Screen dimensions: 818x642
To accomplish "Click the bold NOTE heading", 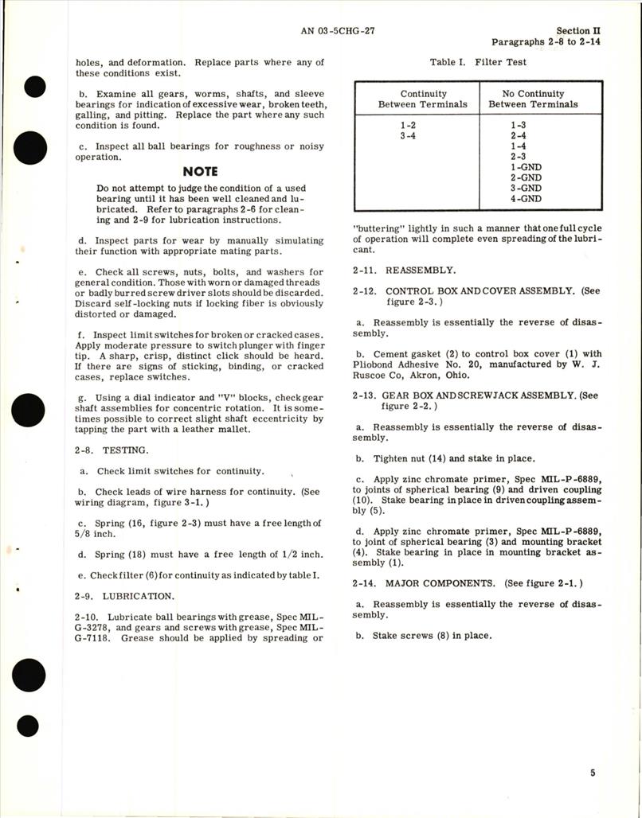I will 200,171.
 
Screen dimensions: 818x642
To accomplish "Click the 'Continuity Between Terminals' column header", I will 423,99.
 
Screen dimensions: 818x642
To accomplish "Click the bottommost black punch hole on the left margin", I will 29,726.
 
